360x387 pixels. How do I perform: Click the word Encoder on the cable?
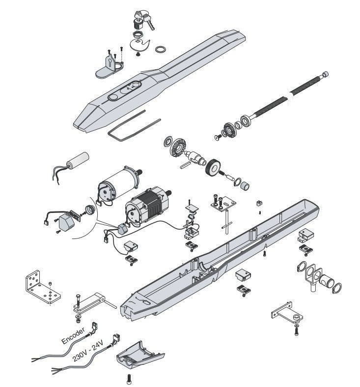click(x=73, y=335)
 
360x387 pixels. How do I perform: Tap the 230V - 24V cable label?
click(x=88, y=350)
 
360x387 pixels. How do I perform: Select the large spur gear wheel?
click(x=213, y=168)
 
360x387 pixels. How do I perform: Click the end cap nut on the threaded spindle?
click(x=325, y=74)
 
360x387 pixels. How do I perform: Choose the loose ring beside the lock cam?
click(x=160, y=49)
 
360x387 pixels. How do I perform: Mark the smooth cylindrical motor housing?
click(x=119, y=183)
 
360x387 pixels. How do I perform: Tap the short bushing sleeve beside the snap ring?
click(x=245, y=186)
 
